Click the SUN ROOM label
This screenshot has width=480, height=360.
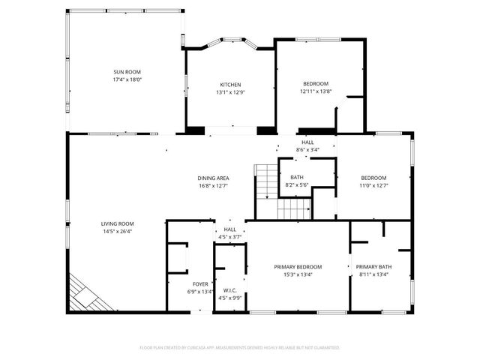(127, 71)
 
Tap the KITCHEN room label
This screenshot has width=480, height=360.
(230, 84)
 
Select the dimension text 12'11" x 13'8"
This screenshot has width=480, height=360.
(316, 91)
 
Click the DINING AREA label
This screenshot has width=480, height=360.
(213, 178)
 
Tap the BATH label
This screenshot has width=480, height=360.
(297, 177)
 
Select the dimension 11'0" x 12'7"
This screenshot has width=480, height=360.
(373, 185)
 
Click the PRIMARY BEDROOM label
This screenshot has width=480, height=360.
(298, 267)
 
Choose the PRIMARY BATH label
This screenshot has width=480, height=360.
(373, 267)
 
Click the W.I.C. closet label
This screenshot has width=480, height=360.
(229, 289)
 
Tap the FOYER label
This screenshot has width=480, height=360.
(200, 284)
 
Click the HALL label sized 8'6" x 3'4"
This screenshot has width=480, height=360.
(307, 142)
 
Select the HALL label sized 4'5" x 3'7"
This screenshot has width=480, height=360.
(229, 229)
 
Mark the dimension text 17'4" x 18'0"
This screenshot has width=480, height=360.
(127, 79)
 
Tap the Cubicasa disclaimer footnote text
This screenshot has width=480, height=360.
(240, 348)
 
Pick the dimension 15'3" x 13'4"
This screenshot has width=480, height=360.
(298, 274)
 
